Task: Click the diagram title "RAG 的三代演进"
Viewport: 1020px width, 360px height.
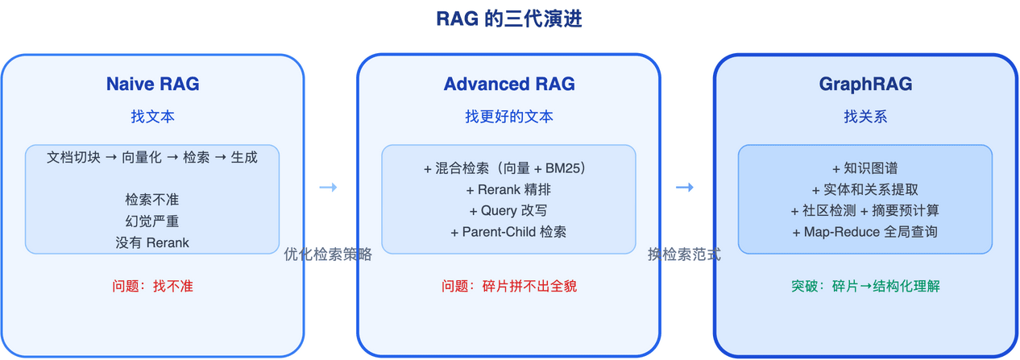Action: tap(509, 19)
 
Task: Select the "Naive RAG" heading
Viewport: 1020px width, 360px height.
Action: tap(152, 84)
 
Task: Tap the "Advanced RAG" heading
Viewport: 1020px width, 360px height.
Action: tap(509, 84)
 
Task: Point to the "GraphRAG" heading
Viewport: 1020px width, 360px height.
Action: tap(865, 84)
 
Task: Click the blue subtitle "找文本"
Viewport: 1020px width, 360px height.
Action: tap(152, 117)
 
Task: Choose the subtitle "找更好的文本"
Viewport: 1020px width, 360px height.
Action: tap(509, 117)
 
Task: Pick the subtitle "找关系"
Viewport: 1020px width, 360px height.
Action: tap(865, 117)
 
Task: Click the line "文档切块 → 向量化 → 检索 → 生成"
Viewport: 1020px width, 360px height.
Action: tap(152, 158)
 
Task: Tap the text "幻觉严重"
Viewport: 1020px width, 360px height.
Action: tap(152, 221)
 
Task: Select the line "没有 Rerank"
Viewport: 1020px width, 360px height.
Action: tap(152, 242)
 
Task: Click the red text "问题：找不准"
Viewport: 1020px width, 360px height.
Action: tap(152, 286)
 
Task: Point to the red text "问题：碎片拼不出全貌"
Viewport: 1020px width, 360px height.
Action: tap(509, 286)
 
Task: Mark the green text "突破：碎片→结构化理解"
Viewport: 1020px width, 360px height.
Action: tap(865, 286)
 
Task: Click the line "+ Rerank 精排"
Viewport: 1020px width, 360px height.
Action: tap(509, 190)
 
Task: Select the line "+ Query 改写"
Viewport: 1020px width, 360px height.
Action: tap(509, 211)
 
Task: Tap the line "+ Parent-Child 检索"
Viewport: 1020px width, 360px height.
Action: tap(509, 232)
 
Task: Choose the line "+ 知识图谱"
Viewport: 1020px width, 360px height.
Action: tap(865, 169)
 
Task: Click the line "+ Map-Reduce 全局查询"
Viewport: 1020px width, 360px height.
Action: tap(865, 232)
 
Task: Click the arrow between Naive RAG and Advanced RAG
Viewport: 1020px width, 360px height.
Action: tap(328, 188)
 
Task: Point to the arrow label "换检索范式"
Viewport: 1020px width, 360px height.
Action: tap(684, 254)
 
